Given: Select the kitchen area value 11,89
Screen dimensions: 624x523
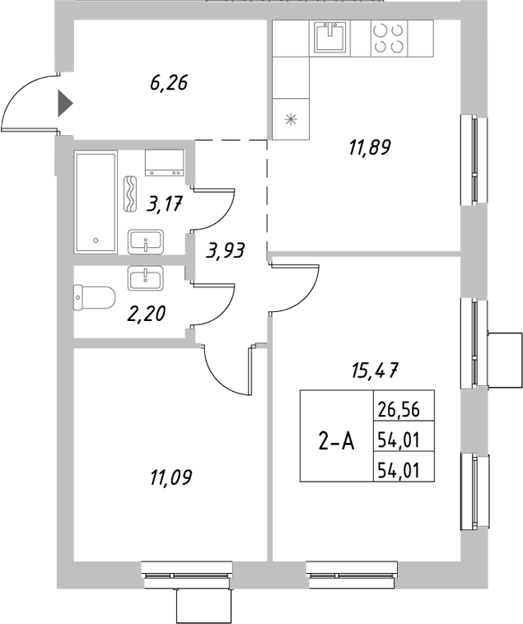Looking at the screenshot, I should tap(368, 148).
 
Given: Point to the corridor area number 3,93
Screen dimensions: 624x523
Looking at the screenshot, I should tap(226, 250).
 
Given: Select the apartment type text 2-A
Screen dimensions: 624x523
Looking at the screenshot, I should tap(336, 441).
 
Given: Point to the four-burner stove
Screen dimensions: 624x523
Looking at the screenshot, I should tap(389, 37).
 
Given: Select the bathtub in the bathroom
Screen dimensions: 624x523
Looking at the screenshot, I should tap(97, 202).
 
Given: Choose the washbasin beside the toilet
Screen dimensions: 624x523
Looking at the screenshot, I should tap(147, 277).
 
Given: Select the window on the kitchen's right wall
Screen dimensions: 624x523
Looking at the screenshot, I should tap(473, 161).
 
